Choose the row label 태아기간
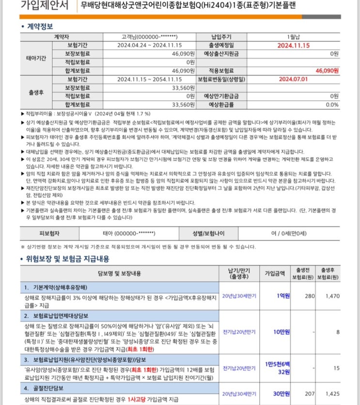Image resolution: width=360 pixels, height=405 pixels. [35, 58]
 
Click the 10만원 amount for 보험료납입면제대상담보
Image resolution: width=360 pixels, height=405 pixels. [281, 331]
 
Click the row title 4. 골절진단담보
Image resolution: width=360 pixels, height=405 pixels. [50, 389]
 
